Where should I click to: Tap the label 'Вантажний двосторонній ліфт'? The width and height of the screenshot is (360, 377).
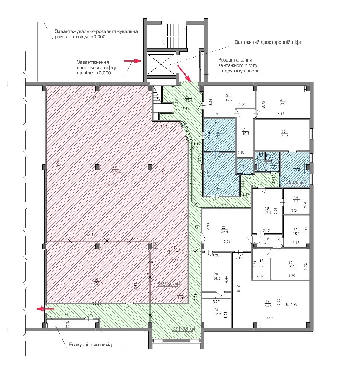click(x=268, y=42)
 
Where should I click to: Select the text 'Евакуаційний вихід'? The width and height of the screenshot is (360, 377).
click(x=90, y=344)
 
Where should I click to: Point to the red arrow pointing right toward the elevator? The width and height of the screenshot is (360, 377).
click(x=132, y=61)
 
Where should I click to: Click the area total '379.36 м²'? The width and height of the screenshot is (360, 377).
click(x=168, y=283)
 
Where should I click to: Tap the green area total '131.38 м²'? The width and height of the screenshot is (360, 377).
click(x=184, y=329)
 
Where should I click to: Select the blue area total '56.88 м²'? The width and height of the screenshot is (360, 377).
click(x=296, y=182)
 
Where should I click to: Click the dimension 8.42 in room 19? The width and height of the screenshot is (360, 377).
click(x=269, y=318)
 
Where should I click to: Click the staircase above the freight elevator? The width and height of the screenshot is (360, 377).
click(x=174, y=35)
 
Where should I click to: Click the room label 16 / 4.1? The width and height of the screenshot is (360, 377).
click(x=266, y=241)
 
